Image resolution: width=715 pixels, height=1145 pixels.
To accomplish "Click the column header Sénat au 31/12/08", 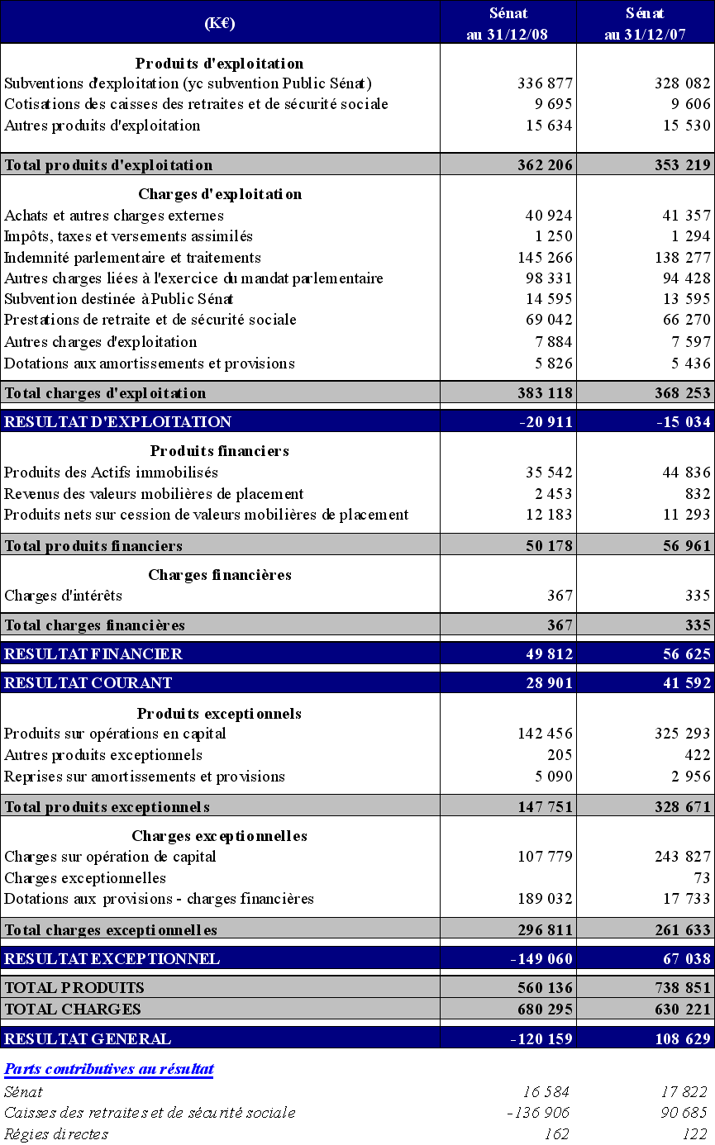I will pyautogui.click(x=508, y=23).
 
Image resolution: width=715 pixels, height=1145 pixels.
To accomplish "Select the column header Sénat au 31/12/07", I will pyautogui.click(x=646, y=23).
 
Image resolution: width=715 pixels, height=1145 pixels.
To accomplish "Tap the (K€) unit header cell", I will pyautogui.click(x=220, y=23).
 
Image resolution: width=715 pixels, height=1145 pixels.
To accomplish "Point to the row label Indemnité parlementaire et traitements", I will pyautogui.click(x=133, y=258).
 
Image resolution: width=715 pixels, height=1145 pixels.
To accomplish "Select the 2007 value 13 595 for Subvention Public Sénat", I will pyautogui.click(x=683, y=299).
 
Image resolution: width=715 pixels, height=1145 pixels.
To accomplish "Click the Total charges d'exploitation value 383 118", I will pyautogui.click(x=545, y=393).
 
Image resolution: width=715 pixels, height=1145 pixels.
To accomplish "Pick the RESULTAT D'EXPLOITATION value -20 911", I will pyautogui.click(x=545, y=422).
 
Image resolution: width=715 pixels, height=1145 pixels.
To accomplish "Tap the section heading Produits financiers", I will pyautogui.click(x=219, y=451).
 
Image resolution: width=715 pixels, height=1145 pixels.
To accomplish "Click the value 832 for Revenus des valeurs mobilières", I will pyautogui.click(x=698, y=494).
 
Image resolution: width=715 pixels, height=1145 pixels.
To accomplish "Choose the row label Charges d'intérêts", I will pyautogui.click(x=64, y=596).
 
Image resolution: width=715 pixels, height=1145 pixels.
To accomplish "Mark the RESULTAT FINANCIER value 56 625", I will pyautogui.click(x=683, y=654).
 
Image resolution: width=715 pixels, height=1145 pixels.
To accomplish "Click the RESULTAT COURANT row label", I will pyautogui.click(x=88, y=683).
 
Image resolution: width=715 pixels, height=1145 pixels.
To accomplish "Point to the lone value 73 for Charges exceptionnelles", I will pyautogui.click(x=702, y=878).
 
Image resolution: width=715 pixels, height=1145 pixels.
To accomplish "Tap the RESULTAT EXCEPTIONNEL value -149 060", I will pyautogui.click(x=541, y=959).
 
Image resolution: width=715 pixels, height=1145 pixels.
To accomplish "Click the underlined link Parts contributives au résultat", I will pyautogui.click(x=109, y=1069).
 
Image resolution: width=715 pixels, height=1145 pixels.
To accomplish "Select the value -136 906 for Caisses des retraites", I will pyautogui.click(x=538, y=1113).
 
